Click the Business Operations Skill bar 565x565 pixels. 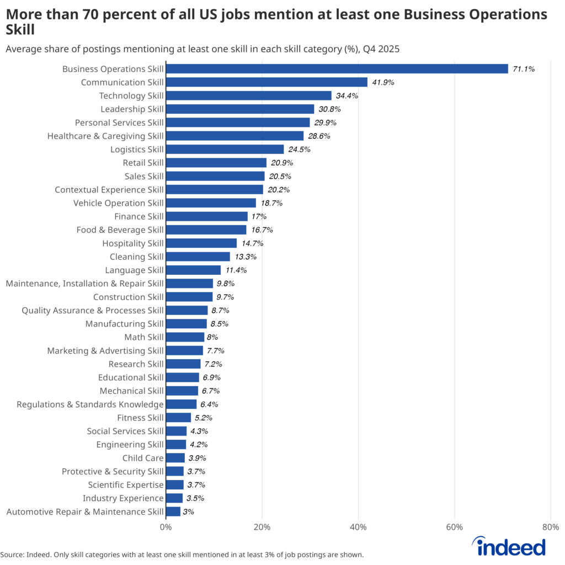337,69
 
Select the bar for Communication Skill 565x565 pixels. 266,82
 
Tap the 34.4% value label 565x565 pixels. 347,96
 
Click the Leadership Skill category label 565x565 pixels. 132,109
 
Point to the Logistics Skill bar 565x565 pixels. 225,150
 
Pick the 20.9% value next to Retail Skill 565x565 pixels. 282,163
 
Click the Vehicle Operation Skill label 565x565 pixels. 119,203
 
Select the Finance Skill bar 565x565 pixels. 207,216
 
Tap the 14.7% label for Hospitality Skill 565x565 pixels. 252,243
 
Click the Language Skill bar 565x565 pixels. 193,270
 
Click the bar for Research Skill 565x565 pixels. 183,364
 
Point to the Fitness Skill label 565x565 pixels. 140,418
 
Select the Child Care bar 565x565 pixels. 175,458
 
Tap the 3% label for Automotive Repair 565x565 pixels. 188,512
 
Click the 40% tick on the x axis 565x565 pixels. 358,527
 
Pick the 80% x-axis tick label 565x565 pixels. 551,527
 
